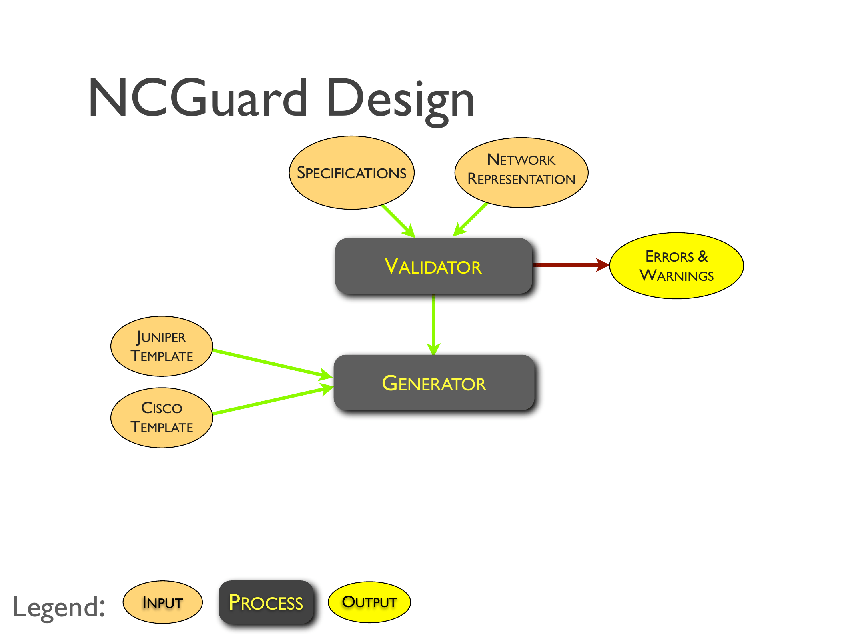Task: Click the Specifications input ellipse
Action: (x=351, y=172)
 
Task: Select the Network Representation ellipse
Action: (x=521, y=172)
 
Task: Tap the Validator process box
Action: (x=433, y=266)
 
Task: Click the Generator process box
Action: (x=434, y=383)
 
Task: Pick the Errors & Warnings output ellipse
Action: (x=676, y=266)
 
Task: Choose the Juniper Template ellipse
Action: (x=162, y=346)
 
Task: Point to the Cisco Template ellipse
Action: (x=162, y=417)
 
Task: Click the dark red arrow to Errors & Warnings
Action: (x=568, y=264)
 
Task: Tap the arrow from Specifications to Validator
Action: (x=397, y=220)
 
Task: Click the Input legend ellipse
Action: (x=162, y=602)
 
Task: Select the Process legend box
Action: (x=266, y=602)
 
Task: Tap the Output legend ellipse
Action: (x=369, y=602)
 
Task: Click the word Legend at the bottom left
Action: (x=59, y=606)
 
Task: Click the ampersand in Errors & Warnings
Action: (x=703, y=256)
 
